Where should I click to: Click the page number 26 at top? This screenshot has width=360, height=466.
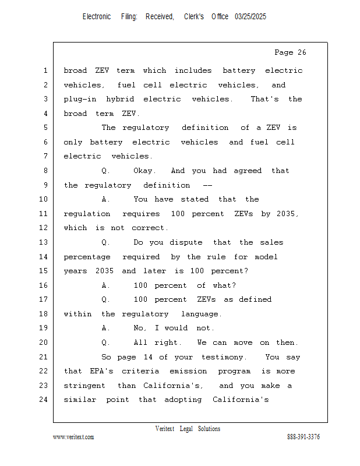[x=302, y=52]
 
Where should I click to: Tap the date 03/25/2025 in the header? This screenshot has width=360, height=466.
[x=250, y=17]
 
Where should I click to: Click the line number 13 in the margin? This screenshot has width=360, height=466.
[x=44, y=242]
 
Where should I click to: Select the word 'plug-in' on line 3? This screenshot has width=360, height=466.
[x=80, y=99]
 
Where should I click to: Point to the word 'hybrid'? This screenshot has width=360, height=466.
[x=120, y=99]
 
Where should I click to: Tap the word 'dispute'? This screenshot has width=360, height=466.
[x=186, y=242]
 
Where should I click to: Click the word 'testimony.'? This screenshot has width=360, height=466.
[x=224, y=357]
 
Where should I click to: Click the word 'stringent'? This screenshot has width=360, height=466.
[x=84, y=386]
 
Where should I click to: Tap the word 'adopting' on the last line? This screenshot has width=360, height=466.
[x=183, y=400]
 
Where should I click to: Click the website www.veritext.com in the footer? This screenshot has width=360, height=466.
[x=73, y=437]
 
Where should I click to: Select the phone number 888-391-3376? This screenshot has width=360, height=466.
[x=303, y=437]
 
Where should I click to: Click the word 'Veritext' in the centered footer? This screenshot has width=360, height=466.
[x=165, y=429]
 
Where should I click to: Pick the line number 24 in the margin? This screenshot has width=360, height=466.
[x=44, y=400]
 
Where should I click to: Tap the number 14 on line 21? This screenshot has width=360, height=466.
[x=148, y=357]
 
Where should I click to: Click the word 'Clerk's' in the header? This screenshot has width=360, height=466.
[x=194, y=17]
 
